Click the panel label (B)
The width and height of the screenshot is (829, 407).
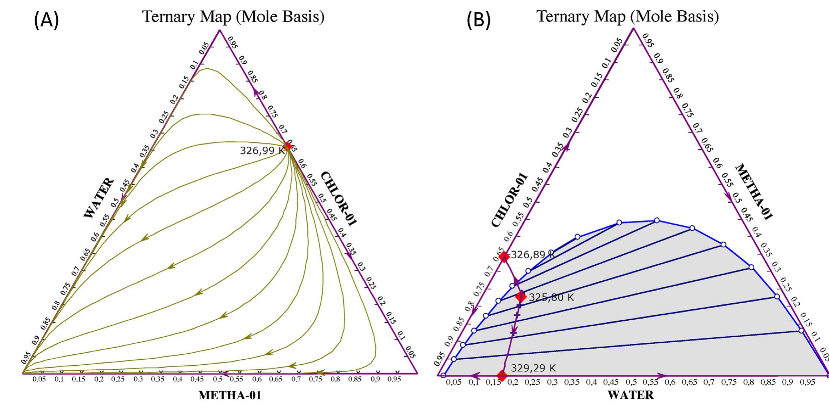[x=478, y=20]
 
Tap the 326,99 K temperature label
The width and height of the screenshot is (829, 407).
[x=262, y=151]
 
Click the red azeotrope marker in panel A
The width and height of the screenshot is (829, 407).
[x=288, y=146]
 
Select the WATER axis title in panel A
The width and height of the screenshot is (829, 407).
[x=99, y=198]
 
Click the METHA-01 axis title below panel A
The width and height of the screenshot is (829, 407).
[x=230, y=395]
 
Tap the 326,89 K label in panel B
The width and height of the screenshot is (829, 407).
[x=532, y=255]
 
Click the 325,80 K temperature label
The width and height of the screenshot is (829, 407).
[x=551, y=297]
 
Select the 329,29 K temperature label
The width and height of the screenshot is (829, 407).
[x=533, y=368]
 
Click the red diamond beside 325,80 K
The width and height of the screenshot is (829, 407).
[x=521, y=297]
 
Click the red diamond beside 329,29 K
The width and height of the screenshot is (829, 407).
[x=502, y=375]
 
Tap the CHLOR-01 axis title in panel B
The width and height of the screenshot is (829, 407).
[x=510, y=200]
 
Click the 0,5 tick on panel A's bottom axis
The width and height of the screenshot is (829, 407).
[x=218, y=379]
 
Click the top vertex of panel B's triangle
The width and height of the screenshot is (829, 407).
[x=633, y=28]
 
